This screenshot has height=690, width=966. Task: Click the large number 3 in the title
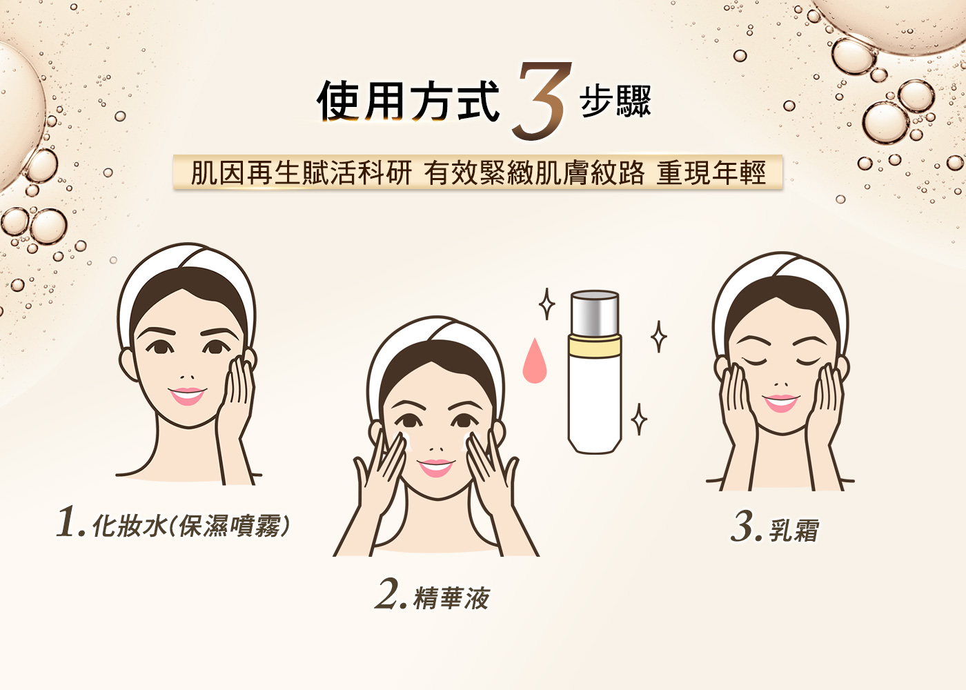[542, 101]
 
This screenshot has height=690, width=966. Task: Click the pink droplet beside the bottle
[534, 362]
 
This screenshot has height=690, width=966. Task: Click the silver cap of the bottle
[595, 313]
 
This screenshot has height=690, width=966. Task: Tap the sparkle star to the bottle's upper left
[546, 304]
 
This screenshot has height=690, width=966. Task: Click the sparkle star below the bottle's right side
[640, 419]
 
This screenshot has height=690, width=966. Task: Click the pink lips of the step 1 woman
[187, 395]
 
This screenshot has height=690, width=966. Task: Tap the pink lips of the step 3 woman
[780, 402]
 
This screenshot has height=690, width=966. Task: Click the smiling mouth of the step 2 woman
[436, 467]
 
